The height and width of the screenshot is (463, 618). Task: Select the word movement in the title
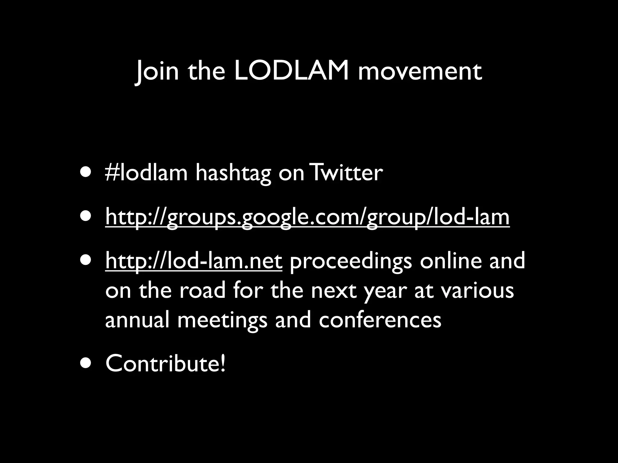(x=420, y=72)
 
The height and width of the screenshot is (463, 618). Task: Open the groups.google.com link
(x=307, y=218)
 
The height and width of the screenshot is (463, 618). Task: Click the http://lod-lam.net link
(x=194, y=261)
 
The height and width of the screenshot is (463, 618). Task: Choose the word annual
(x=137, y=320)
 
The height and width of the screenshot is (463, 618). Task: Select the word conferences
(x=380, y=320)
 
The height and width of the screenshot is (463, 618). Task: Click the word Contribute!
(x=165, y=364)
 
